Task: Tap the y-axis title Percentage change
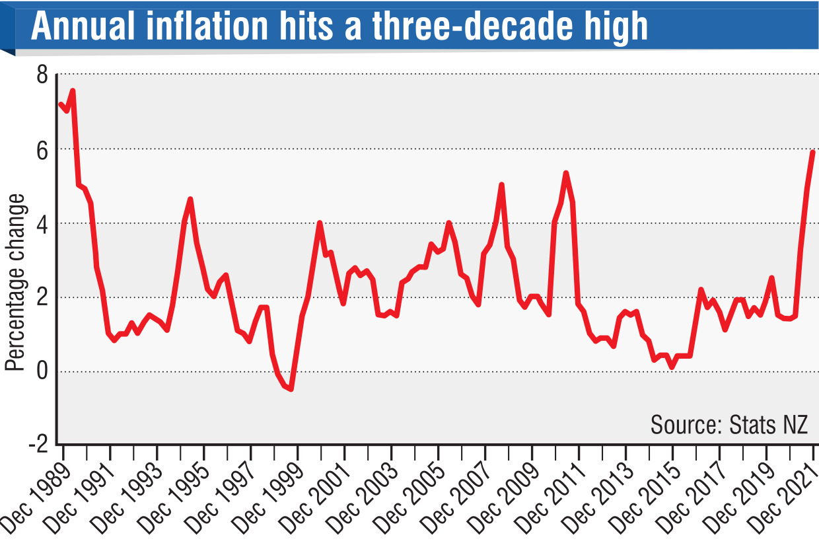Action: click(15, 282)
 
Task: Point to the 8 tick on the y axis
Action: click(42, 75)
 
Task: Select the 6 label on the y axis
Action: click(42, 149)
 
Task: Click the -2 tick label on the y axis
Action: click(38, 445)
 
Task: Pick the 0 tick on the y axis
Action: click(42, 371)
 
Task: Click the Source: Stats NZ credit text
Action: click(729, 424)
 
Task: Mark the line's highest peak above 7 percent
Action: click(72, 91)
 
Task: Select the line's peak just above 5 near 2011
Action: click(566, 173)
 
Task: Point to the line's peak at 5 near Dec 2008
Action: click(501, 185)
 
